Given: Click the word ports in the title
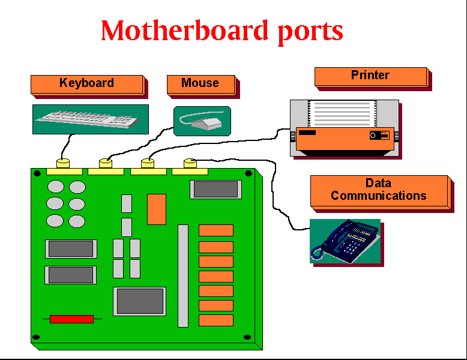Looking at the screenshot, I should click(310, 32).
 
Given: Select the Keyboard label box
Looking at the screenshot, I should click(87, 84).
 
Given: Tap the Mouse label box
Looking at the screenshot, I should click(200, 84).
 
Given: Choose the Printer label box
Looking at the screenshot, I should click(370, 76).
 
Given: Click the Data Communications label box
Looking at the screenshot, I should click(379, 190).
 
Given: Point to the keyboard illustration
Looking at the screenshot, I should click(90, 119).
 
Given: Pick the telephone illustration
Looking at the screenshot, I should click(345, 241).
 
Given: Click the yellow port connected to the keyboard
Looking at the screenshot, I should click(63, 163).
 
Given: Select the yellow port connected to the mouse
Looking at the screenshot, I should click(106, 163).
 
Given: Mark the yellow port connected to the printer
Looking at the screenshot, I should click(148, 163).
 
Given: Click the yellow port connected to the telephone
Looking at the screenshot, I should click(190, 163).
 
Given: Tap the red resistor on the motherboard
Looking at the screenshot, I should click(71, 319).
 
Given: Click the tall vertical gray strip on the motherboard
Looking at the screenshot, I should click(183, 275).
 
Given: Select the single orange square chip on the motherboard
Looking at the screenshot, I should click(157, 209).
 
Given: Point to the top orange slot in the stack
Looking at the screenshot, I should click(216, 230).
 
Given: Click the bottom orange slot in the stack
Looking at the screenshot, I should click(216, 320).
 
